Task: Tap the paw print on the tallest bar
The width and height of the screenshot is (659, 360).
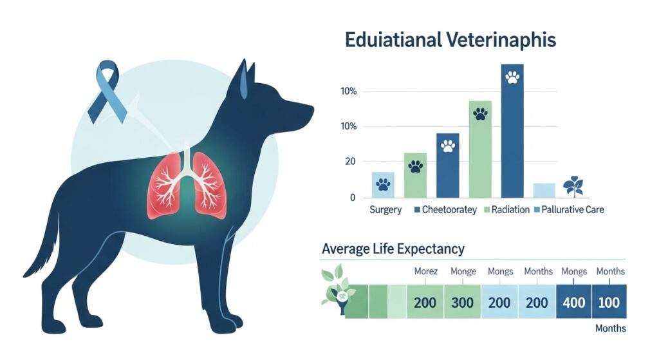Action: (512, 78)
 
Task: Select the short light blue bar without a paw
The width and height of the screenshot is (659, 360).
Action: (544, 190)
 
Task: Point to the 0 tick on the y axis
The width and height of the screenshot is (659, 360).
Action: (353, 198)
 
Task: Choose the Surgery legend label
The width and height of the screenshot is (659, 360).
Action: (385, 210)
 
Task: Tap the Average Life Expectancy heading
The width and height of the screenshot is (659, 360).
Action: (392, 248)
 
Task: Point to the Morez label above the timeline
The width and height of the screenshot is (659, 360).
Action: (425, 271)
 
